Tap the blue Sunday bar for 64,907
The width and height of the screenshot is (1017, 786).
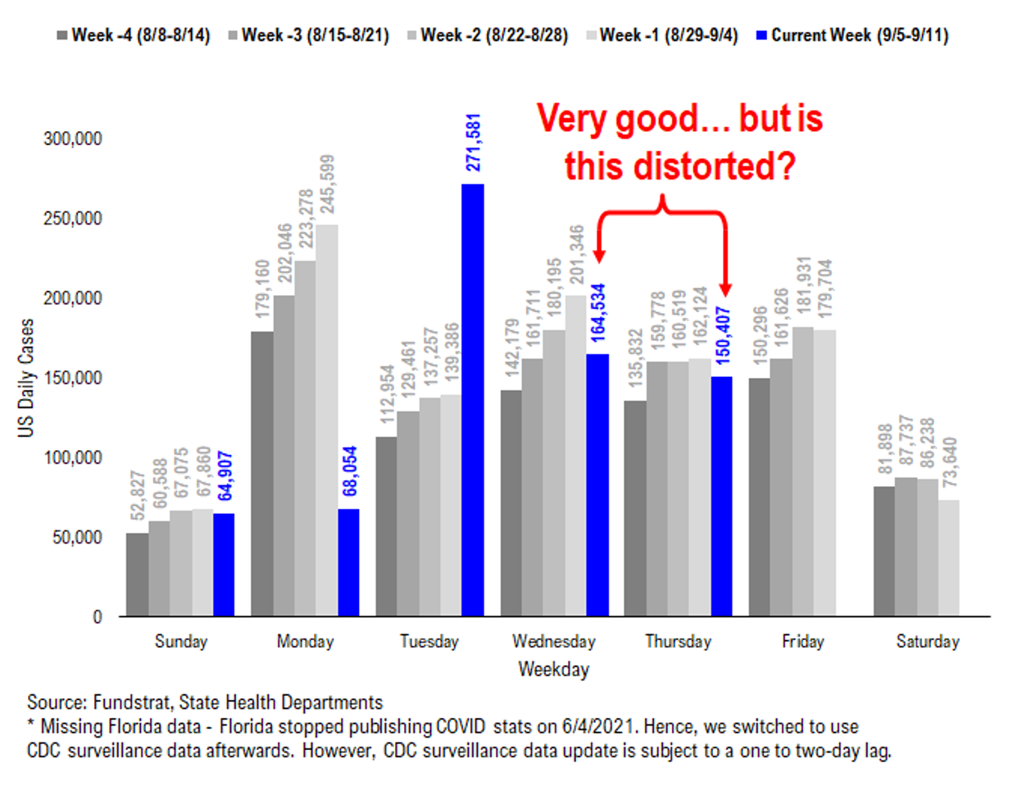click(x=224, y=565)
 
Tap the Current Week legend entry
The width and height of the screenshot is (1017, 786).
click(x=852, y=35)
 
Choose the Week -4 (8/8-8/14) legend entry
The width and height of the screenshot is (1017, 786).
click(x=134, y=35)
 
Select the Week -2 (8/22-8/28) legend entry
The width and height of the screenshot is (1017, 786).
click(x=488, y=35)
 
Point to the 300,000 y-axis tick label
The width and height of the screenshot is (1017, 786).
click(x=73, y=139)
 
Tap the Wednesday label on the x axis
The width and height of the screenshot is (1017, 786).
click(x=554, y=641)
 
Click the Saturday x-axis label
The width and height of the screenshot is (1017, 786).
click(x=928, y=641)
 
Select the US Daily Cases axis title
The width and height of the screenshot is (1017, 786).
click(x=26, y=378)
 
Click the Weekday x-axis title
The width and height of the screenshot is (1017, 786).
click(x=554, y=669)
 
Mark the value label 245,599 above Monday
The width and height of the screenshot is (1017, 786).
click(x=328, y=184)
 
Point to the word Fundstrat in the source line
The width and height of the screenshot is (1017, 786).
click(x=131, y=702)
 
